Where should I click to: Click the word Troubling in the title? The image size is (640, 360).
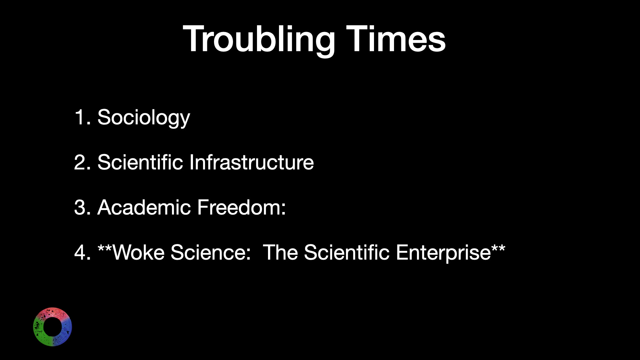click(x=259, y=40)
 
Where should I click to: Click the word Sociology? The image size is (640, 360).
click(x=144, y=118)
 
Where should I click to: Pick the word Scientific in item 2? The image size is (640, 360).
click(x=140, y=163)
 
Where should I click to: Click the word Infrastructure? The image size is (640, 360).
click(x=252, y=163)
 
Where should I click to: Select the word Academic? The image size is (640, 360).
click(x=144, y=208)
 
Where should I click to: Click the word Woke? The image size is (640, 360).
click(x=138, y=253)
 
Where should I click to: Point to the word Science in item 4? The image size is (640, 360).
click(x=210, y=253)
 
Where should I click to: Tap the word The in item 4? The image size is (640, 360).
click(x=280, y=253)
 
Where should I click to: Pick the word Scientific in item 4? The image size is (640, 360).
click(x=347, y=253)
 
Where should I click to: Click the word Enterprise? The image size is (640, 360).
click(x=443, y=253)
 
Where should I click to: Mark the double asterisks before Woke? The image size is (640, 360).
click(x=105, y=248)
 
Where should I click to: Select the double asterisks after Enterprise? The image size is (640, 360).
click(x=498, y=248)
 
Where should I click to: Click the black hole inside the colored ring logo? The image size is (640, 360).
click(x=52, y=327)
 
